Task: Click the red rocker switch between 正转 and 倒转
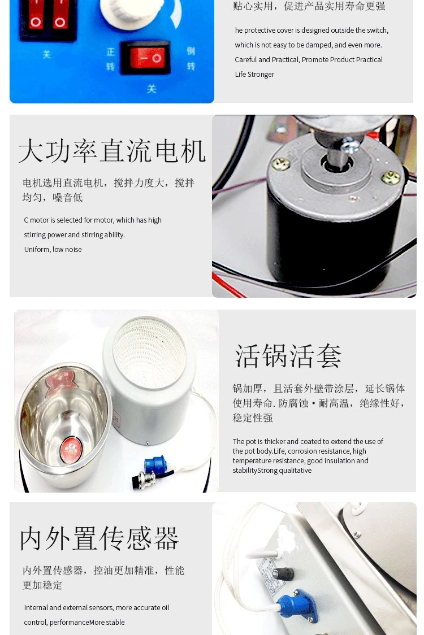coord(145,58)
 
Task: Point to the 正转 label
coord(111,59)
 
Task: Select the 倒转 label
coord(191,59)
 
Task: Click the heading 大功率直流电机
coord(112,151)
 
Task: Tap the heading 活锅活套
coord(288,356)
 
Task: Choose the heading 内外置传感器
coord(99,538)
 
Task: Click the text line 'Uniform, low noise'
coord(53,250)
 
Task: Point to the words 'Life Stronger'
coord(254,75)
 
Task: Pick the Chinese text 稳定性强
coord(253,418)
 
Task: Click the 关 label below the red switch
coord(151,89)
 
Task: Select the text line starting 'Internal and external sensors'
coord(97,608)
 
